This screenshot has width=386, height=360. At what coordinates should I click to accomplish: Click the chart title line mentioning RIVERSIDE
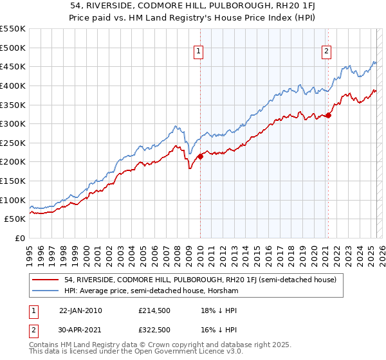[x=193, y=6]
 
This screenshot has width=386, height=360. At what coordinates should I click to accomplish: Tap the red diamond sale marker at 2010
[x=200, y=156]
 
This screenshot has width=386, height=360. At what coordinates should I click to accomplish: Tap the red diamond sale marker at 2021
[x=328, y=115]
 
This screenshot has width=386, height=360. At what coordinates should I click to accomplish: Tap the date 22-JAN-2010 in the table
[x=80, y=310]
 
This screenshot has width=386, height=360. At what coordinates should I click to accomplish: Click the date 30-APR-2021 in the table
[x=80, y=332]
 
